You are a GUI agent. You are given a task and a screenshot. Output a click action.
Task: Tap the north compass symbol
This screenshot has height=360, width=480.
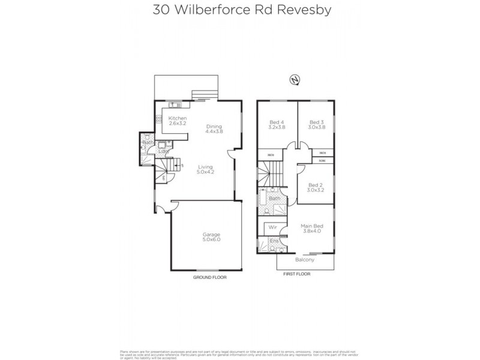coord(294,79)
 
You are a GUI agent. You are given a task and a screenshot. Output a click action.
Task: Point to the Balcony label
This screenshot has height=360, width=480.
coord(305,260)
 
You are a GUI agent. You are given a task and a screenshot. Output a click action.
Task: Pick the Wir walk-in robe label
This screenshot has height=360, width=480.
coord(272,227)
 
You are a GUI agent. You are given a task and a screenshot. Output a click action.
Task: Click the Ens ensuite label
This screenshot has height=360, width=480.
coord(274,241)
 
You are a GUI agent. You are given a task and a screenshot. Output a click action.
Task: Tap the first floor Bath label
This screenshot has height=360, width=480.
coord(274,198)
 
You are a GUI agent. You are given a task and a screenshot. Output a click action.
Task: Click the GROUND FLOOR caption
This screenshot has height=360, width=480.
coord(209,278)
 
